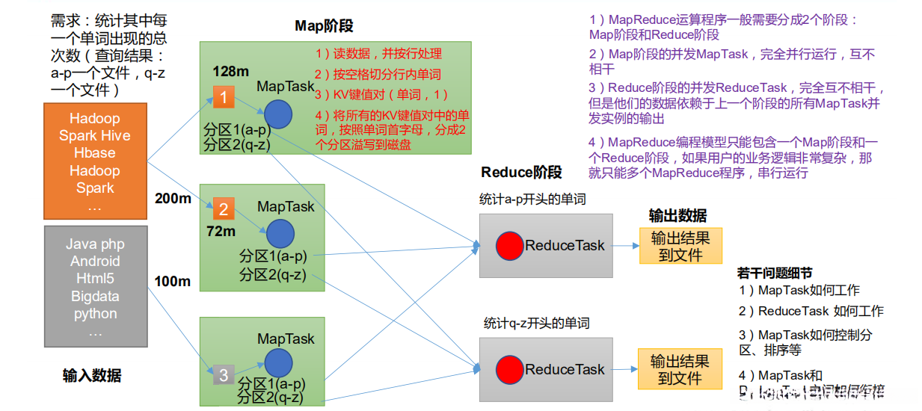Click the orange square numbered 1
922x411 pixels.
(x=224, y=97)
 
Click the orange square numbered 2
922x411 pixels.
(x=224, y=208)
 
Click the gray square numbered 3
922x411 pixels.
(x=224, y=374)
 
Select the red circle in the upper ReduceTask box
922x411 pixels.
(x=509, y=245)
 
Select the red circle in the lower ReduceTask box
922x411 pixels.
(x=509, y=369)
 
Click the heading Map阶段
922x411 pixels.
(x=324, y=26)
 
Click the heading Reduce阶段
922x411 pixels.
(x=521, y=173)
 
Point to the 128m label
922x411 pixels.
(x=230, y=72)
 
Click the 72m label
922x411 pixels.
(x=221, y=232)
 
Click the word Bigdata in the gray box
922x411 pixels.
(x=95, y=296)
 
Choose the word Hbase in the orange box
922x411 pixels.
(x=95, y=153)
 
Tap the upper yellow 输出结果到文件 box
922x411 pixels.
(x=680, y=246)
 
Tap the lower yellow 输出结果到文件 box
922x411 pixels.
(x=680, y=369)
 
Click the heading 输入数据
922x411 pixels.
(x=92, y=376)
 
